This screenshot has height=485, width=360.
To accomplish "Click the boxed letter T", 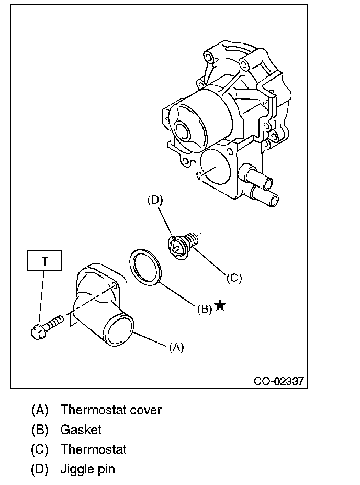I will point(44,261).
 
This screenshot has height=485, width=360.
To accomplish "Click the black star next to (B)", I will point(220,305).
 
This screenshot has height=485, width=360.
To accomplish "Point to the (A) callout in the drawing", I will point(176,347).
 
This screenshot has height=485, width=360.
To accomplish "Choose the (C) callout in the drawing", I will point(234,278).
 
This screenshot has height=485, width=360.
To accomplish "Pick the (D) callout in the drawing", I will point(155,199).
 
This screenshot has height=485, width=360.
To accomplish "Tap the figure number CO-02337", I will point(278,381).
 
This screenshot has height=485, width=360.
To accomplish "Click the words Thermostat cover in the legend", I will point(111,410).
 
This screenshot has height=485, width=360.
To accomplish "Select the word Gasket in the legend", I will point(81,430).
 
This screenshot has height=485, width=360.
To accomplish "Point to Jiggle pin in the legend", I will point(87,469).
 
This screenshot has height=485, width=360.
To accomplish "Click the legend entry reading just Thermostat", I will point(93,449).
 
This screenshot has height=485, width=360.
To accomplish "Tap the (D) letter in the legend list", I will point(40,469).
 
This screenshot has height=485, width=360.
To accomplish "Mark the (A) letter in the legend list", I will point(40,410).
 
